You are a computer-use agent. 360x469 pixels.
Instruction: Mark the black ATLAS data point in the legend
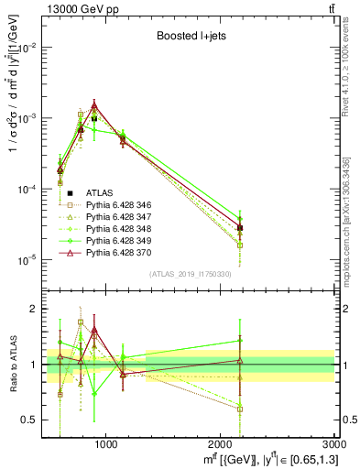tap(70, 192)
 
